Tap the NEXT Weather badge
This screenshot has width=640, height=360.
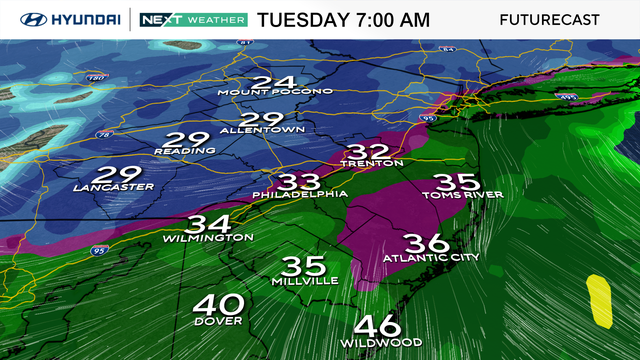[x=192, y=20]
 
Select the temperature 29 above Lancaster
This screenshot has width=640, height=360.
[x=112, y=172]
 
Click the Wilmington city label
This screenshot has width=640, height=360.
[x=209, y=238]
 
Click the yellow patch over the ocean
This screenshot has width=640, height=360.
[x=600, y=300]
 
